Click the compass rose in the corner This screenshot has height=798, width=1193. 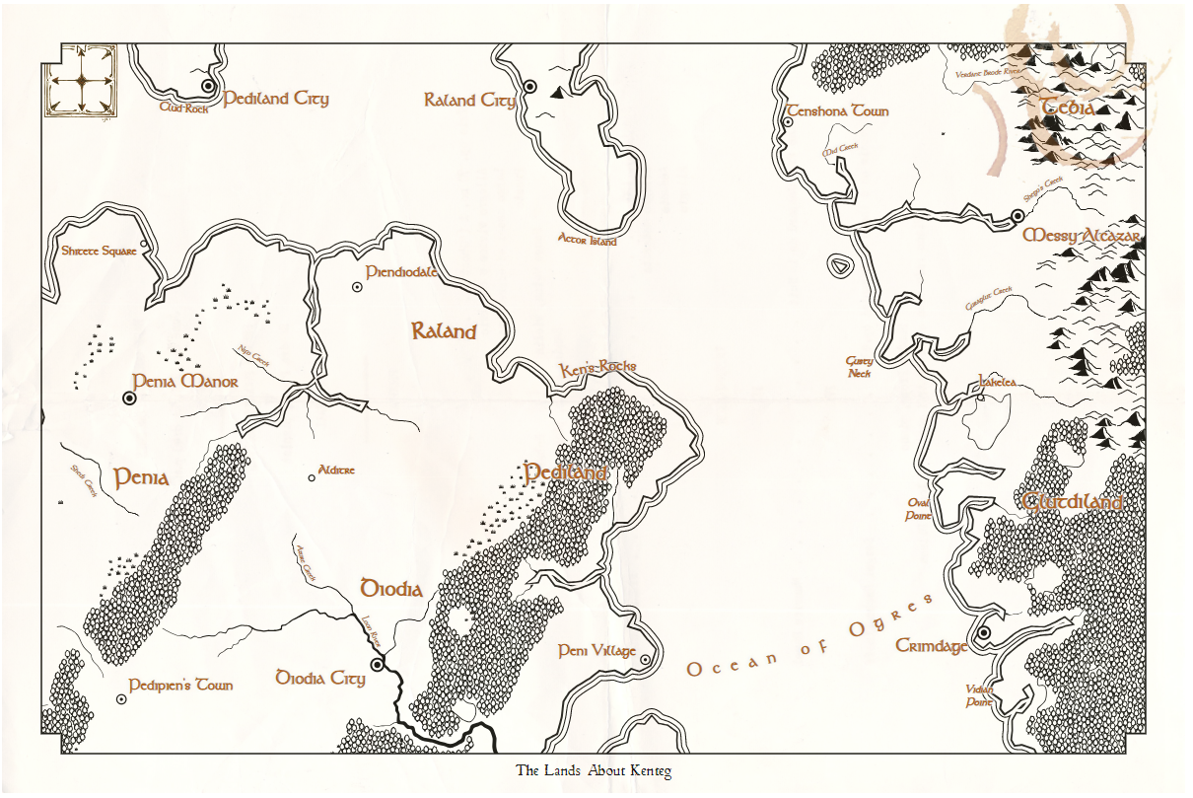[80, 81]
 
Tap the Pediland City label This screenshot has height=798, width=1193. [276, 99]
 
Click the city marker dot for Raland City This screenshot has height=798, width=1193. [529, 87]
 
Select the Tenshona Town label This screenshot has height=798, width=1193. [837, 111]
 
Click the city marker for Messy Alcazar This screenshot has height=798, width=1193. [1018, 216]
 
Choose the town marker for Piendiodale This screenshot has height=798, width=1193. [357, 287]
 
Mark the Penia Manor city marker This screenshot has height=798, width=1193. [129, 398]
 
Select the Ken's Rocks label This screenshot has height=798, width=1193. [597, 368]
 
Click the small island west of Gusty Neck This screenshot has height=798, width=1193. [839, 265]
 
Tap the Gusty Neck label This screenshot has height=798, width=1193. [859, 367]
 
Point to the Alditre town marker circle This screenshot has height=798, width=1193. [312, 477]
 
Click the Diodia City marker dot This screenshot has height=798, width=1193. [377, 666]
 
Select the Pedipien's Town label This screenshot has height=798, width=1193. [180, 686]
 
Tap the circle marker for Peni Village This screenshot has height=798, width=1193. [644, 660]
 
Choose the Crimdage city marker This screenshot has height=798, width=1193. [983, 632]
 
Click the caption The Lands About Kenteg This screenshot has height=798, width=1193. [594, 770]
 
